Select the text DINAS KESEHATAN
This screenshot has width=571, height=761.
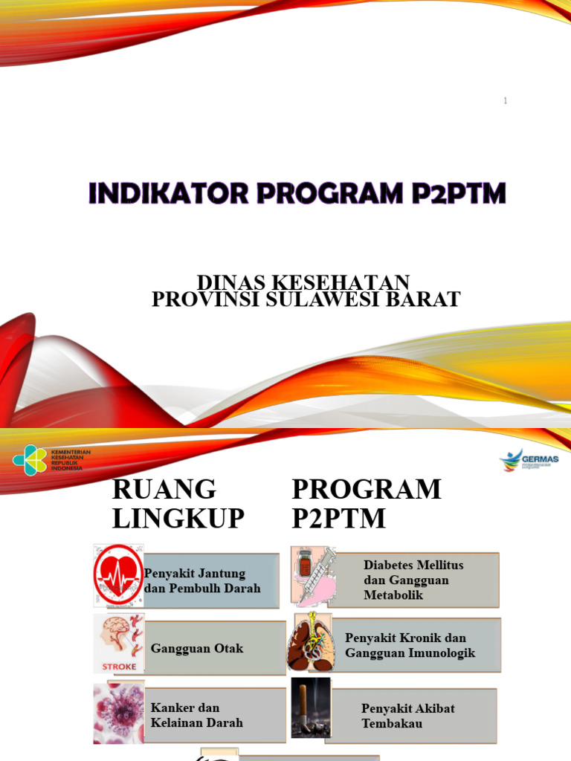click(x=303, y=282)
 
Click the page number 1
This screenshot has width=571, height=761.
click(x=506, y=100)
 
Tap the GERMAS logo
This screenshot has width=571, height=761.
click(x=529, y=460)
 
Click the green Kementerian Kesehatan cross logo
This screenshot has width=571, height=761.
click(x=30, y=460)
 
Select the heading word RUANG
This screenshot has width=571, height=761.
click(x=164, y=490)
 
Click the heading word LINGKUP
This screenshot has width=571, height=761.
click(x=178, y=518)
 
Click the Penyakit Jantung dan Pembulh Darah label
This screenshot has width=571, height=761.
click(x=202, y=580)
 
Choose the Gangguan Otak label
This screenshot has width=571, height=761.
click(x=197, y=649)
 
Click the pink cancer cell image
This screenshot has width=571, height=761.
click(x=118, y=713)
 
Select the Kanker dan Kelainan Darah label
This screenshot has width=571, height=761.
click(x=197, y=715)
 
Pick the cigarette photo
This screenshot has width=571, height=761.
click(x=310, y=707)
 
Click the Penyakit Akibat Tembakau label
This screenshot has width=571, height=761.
click(x=408, y=715)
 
